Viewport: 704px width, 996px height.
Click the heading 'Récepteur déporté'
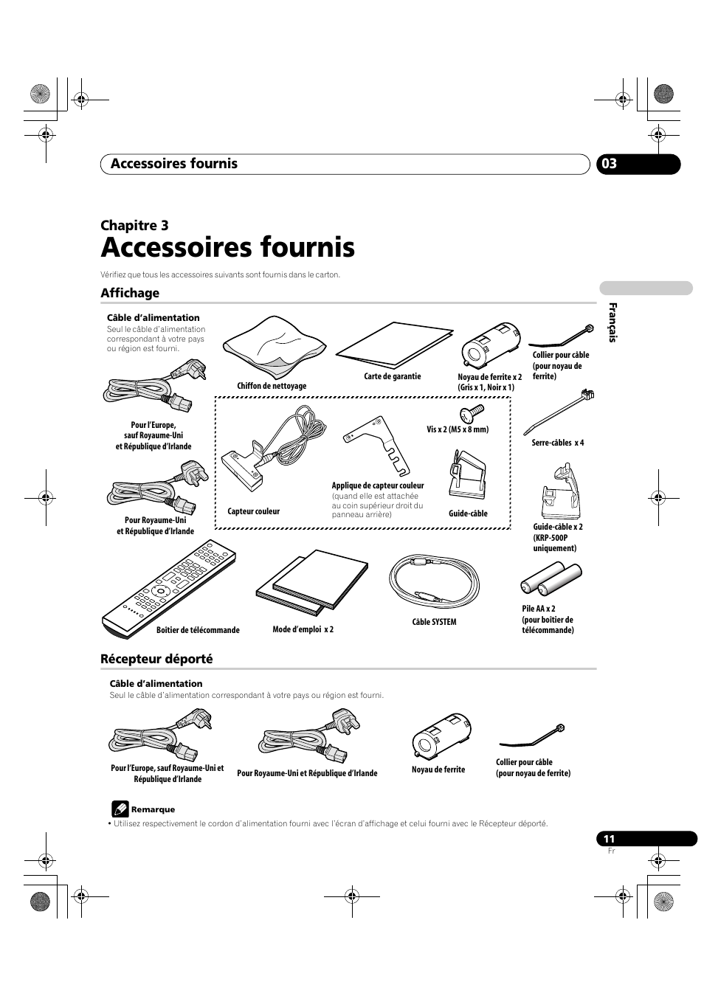156,659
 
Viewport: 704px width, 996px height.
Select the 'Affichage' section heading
130,293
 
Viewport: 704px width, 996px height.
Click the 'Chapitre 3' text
134,225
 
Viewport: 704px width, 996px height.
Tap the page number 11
609,839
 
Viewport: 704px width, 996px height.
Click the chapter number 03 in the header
608,164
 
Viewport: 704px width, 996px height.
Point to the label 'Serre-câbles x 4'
558,443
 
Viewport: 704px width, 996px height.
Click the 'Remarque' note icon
120,809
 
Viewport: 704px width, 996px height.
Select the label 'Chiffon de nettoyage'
272,386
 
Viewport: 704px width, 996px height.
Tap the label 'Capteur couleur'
254,511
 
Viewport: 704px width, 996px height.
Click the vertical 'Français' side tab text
612,323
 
